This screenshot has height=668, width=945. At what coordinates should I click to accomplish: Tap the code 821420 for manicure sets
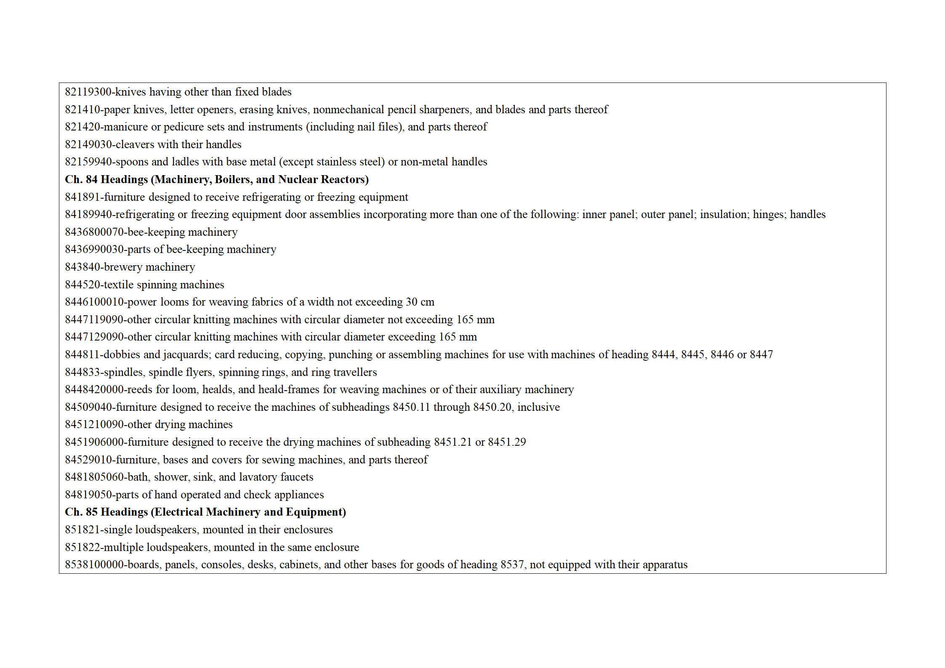tap(82, 127)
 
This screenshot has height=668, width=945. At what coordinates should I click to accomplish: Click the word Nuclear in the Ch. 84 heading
tap(297, 179)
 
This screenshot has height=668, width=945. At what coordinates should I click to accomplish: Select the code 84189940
tap(88, 214)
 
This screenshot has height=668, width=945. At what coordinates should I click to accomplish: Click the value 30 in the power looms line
tap(411, 302)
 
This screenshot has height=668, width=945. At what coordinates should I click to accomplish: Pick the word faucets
tap(297, 477)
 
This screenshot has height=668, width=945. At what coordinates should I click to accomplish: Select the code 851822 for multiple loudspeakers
tap(82, 547)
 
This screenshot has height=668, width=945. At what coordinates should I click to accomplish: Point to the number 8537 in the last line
tap(512, 564)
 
